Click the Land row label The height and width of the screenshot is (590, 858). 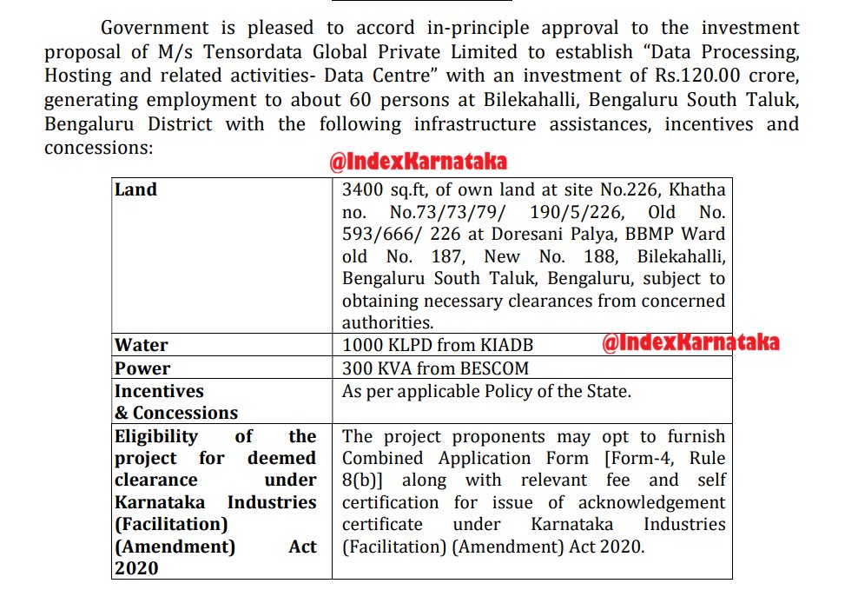pyautogui.click(x=136, y=189)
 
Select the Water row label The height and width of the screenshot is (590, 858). pyautogui.click(x=142, y=345)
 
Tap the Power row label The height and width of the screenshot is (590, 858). pyautogui.click(x=142, y=368)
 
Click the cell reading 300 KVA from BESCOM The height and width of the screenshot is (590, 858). pyautogui.click(x=435, y=368)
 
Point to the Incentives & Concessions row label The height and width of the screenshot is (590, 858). pyautogui.click(x=175, y=401)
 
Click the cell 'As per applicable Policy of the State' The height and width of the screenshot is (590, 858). pyautogui.click(x=486, y=391)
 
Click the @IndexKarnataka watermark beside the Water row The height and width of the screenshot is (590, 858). pyautogui.click(x=690, y=342)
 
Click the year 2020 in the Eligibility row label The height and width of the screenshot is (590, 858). pyautogui.click(x=136, y=568)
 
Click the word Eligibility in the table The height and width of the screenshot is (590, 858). pyautogui.click(x=155, y=436)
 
